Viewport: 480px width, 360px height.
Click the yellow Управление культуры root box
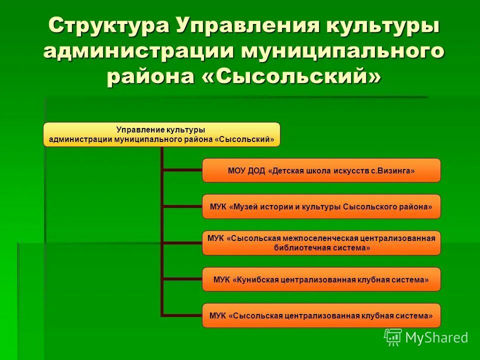click(x=161, y=134)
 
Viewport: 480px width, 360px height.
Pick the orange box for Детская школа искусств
click(x=321, y=170)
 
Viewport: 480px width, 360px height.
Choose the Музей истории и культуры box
click(x=321, y=206)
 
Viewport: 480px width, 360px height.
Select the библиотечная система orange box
click(x=321, y=243)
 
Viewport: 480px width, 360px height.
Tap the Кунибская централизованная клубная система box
click(x=321, y=279)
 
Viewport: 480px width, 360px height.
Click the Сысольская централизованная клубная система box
click(x=321, y=315)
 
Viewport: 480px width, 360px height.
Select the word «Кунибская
click(x=255, y=280)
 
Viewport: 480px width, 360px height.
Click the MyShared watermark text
click(x=436, y=338)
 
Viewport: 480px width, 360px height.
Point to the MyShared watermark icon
click(x=393, y=337)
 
